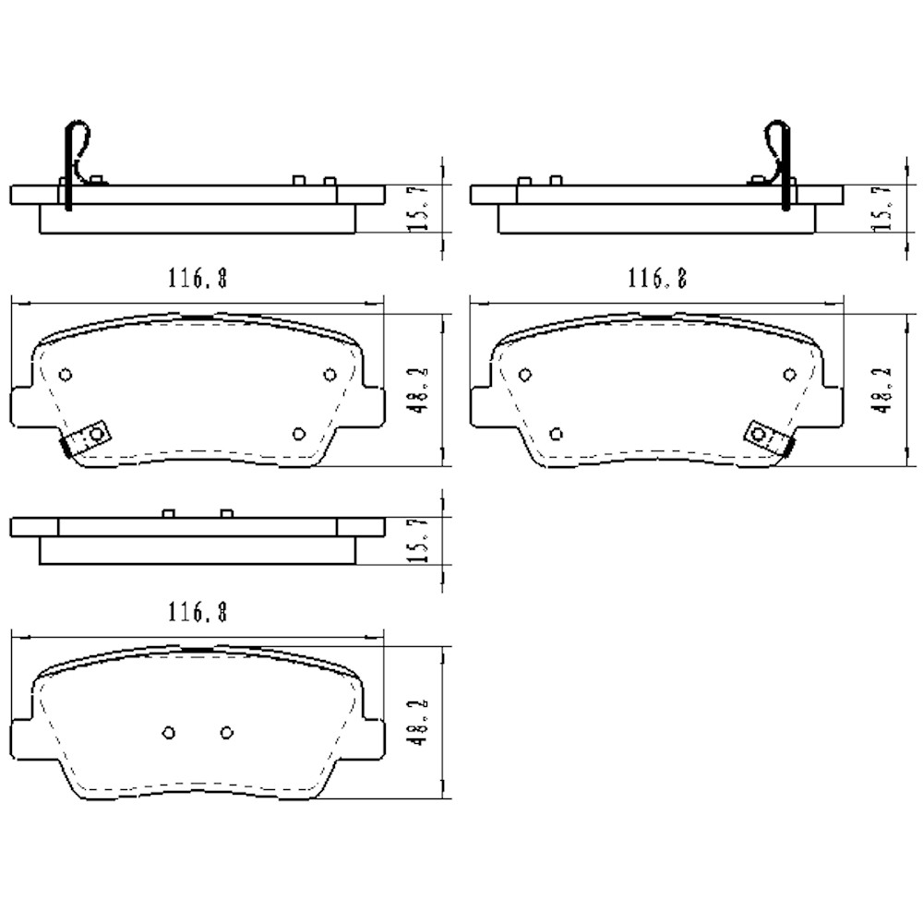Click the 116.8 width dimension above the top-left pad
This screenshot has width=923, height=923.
pyautogui.click(x=198, y=277)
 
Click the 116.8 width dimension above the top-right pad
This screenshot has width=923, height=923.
pyautogui.click(x=657, y=277)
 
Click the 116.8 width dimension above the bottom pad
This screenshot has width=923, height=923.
pyautogui.click(x=198, y=611)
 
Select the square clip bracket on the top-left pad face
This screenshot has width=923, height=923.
pyautogui.click(x=92, y=436)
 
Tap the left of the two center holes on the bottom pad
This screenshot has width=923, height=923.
pyautogui.click(x=168, y=732)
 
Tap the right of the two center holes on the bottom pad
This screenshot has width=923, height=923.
pyautogui.click(x=227, y=732)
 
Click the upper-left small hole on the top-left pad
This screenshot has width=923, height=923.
pyautogui.click(x=65, y=374)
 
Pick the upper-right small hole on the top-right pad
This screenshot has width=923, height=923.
pyautogui.click(x=789, y=374)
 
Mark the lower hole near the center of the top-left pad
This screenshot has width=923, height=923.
pyautogui.click(x=298, y=433)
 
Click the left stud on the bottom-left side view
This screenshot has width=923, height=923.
pyautogui.click(x=168, y=512)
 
